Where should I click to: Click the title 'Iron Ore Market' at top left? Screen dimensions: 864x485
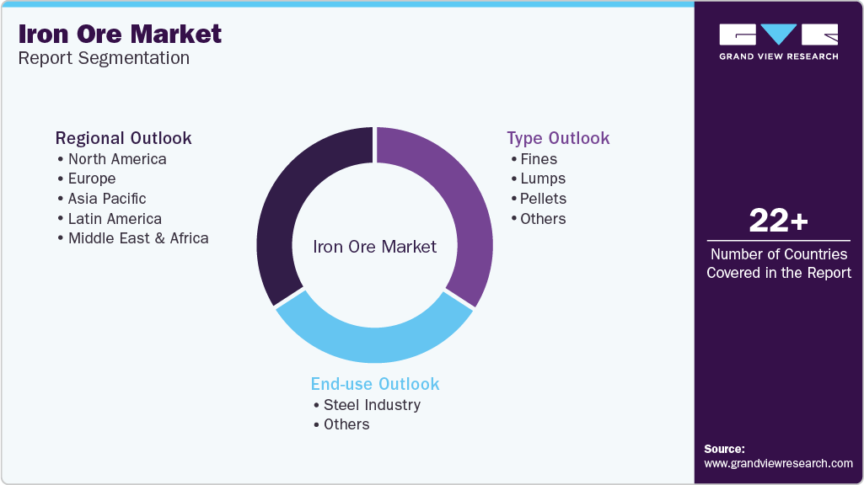pos(121,35)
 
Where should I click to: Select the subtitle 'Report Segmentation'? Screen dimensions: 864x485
pos(104,58)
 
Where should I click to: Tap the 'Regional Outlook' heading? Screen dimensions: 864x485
pos(123,138)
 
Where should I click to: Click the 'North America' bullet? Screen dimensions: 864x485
pos(117,159)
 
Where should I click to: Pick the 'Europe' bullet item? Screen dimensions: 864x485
pos(92,179)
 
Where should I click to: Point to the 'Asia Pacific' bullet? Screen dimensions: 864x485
pos(107,199)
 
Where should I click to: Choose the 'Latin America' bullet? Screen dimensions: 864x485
pos(115,219)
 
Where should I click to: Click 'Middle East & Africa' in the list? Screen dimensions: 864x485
pos(138,238)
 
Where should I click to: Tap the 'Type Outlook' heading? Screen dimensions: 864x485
pos(558,138)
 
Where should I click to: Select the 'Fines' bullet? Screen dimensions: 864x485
pos(539,159)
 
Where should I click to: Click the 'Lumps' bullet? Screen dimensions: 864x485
pos(543,179)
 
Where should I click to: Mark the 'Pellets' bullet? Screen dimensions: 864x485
pos(543,199)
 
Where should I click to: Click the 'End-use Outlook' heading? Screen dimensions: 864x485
pos(375,384)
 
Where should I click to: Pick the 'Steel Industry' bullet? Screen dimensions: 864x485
pos(372,405)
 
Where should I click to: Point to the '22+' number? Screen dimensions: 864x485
pos(779,221)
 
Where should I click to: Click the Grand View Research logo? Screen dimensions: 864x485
pos(779,42)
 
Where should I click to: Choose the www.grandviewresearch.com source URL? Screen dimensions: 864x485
pos(778,464)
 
